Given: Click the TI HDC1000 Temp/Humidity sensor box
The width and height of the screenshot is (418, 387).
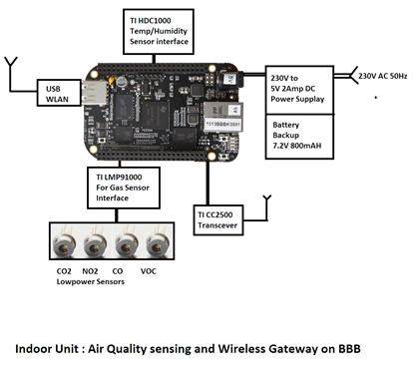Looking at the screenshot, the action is [159, 32].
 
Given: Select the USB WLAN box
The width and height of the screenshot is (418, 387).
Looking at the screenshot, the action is [59, 93].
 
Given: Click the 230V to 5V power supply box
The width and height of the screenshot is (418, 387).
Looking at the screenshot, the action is [299, 90].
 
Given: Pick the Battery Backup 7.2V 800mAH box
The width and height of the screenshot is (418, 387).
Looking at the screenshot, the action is [299, 137].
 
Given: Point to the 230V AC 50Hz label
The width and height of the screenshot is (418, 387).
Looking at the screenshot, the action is [382, 76].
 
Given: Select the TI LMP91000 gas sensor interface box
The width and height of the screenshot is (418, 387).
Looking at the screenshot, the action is [124, 188].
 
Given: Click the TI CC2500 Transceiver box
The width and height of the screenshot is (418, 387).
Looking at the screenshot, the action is [218, 219].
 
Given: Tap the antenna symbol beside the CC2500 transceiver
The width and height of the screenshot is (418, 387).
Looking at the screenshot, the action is [267, 206].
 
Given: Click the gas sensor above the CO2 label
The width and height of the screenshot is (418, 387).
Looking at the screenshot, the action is [64, 243].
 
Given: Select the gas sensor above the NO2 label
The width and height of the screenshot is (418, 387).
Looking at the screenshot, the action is [95, 243].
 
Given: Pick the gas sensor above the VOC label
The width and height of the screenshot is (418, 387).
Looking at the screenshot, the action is [158, 243].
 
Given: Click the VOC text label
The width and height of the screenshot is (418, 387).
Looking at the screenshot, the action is [148, 271].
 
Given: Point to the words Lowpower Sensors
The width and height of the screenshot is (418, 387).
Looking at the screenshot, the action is [91, 282].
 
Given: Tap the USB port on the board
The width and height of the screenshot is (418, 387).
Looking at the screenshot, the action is [94, 93].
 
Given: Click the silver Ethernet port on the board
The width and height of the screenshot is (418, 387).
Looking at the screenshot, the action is [222, 117].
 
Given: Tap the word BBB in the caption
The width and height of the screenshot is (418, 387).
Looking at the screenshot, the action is [349, 349].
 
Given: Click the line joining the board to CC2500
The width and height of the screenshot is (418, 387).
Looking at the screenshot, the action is [208, 183].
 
